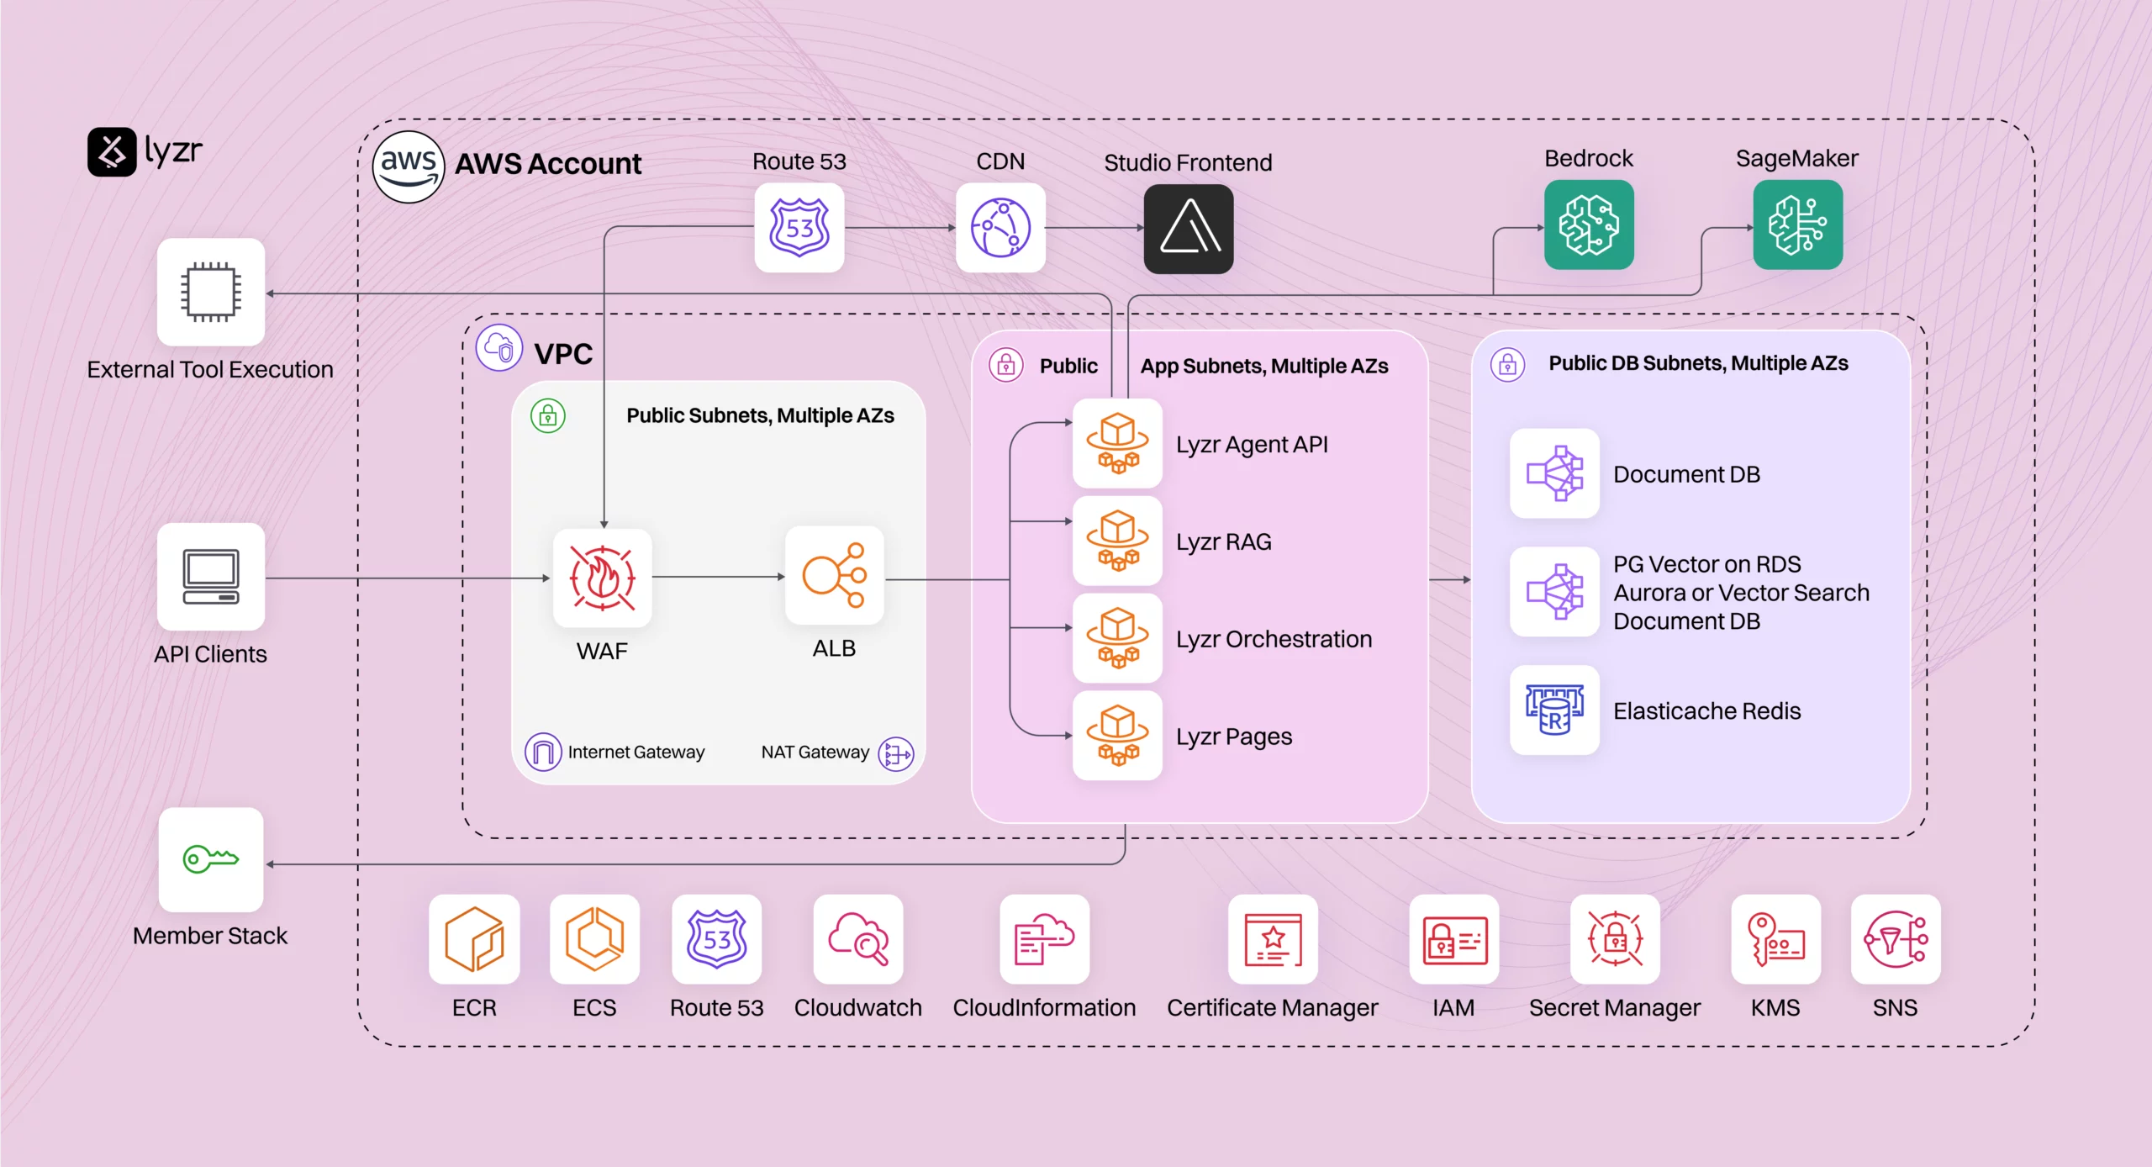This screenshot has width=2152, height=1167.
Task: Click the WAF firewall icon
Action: tap(602, 578)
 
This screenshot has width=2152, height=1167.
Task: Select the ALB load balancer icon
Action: tap(833, 576)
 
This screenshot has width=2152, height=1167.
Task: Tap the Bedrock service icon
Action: tap(1588, 225)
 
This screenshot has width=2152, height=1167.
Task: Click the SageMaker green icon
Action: tap(1796, 225)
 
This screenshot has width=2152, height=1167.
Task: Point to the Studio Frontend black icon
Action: tap(1188, 228)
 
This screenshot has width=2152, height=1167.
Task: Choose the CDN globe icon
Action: tap(1000, 228)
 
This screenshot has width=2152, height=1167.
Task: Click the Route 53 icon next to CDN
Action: tap(799, 228)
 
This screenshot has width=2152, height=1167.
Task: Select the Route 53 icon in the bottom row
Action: tap(716, 939)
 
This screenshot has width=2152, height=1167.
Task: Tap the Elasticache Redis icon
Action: tap(1553, 710)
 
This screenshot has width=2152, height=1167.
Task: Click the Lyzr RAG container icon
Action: tap(1116, 541)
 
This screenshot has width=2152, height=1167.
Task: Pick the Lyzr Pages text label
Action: tap(1233, 737)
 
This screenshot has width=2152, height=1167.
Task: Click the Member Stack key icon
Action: tap(210, 859)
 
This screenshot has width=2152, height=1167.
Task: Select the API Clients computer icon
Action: tap(210, 577)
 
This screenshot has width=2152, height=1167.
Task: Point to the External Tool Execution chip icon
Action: tap(210, 292)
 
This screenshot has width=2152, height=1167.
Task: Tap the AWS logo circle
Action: tap(408, 166)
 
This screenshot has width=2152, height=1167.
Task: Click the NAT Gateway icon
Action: tap(895, 753)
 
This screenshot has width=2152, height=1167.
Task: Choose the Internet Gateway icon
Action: tap(542, 752)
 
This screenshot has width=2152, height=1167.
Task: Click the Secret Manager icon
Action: tap(1614, 939)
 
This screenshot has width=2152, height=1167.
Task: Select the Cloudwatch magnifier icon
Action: tap(857, 939)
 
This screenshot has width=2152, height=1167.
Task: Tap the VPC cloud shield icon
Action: tap(498, 347)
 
